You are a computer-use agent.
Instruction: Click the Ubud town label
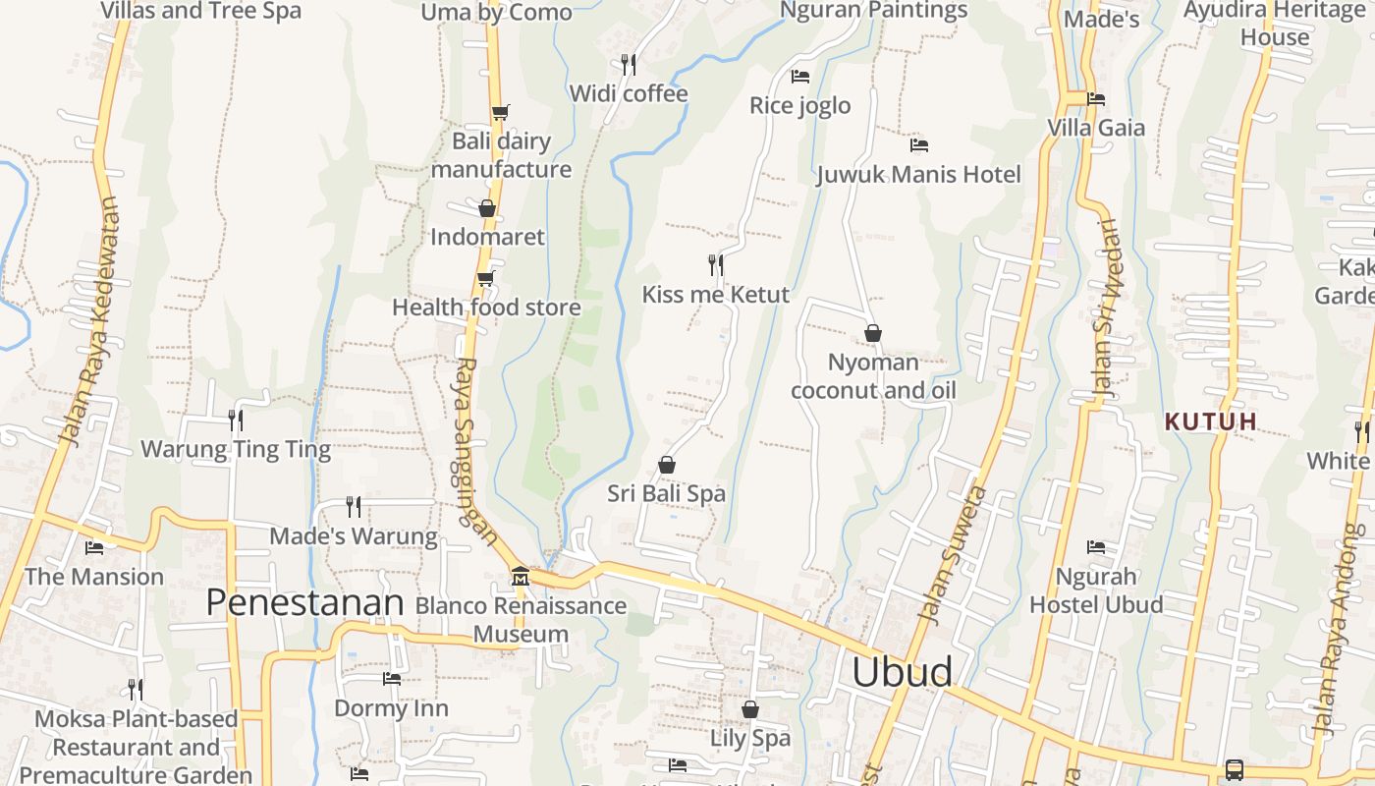(902, 672)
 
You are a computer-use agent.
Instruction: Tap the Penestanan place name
(304, 602)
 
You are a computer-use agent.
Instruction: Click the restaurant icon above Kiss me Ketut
(716, 264)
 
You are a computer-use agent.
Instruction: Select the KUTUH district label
(1211, 422)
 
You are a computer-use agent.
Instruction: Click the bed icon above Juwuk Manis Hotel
(919, 145)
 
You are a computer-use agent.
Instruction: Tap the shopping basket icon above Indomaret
(486, 208)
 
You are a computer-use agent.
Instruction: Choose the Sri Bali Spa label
(666, 493)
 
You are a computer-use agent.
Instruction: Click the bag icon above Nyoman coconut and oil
(872, 334)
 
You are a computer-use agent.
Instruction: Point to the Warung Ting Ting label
(236, 450)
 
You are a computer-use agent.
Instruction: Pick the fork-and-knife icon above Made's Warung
(354, 507)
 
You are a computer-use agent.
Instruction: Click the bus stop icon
(1235, 770)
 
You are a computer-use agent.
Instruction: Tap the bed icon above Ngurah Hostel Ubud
(1096, 547)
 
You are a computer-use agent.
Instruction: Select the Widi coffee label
(629, 93)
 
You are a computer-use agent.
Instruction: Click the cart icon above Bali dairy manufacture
(500, 112)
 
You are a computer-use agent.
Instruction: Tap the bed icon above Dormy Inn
(391, 679)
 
